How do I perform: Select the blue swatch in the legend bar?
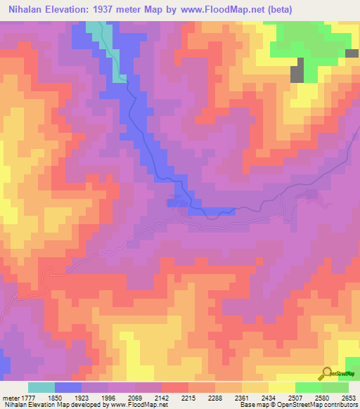click(67, 387)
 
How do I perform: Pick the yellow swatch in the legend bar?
click(281, 387)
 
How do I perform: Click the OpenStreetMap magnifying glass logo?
click(326, 373)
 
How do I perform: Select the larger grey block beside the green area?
click(297, 70)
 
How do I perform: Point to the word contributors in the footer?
click(340, 403)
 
